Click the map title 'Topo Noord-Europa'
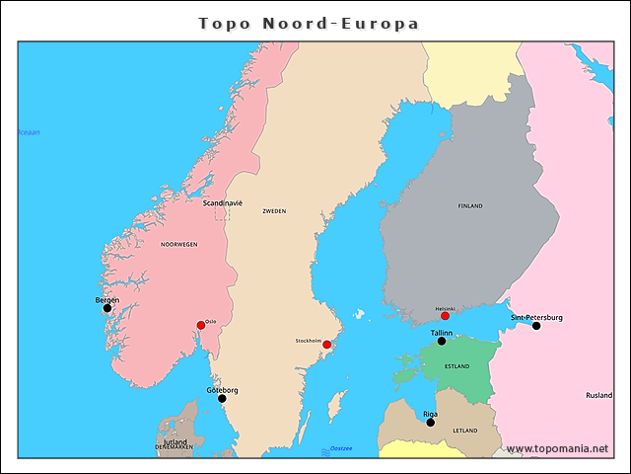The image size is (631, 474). pos(309,23)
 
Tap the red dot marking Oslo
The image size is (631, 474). pos(201,325)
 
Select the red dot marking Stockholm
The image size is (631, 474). pos(327,345)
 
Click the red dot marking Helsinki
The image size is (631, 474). pos(445,316)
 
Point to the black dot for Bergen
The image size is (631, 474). pos(107,308)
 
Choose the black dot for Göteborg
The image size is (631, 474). pos(222,399)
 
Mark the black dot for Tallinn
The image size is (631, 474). pos(442,342)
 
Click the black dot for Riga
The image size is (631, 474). pos(430,423)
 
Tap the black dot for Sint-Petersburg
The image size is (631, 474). pos(536,326)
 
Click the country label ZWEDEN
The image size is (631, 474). pos(274,211)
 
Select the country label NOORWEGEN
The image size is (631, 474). pos(178,244)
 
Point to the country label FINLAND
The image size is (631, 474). pos(470,206)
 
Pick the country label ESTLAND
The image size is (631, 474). pos(457,366)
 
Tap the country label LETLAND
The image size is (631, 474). pos(464,431)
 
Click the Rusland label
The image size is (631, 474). pos(598,395)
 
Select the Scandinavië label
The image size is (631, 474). pos(222,202)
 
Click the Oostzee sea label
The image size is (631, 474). pos(341,449)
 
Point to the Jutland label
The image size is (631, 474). pos(175,441)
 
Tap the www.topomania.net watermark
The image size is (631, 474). pos(557,449)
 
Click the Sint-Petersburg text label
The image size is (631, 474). pos(536,317)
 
